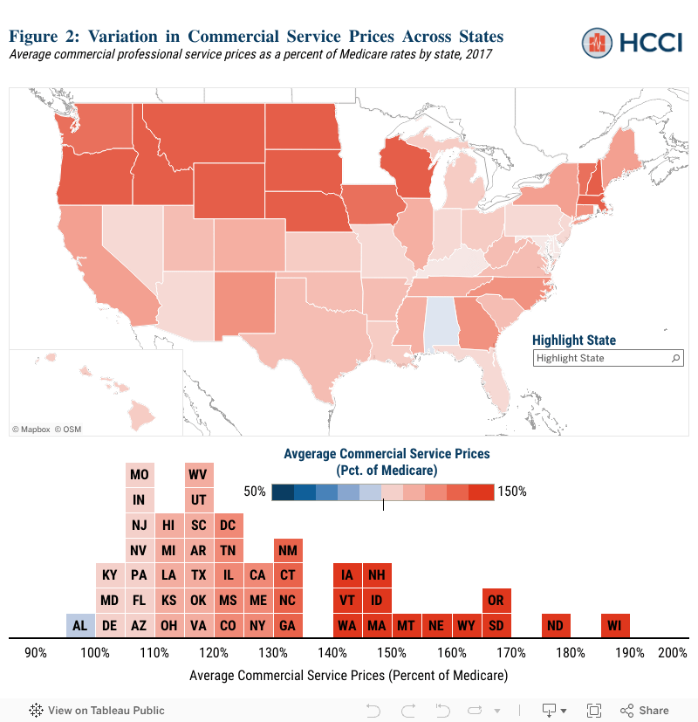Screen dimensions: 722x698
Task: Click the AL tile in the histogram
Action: [80, 625]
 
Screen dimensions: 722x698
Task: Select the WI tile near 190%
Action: [615, 625]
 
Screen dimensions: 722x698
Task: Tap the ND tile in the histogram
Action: [555, 625]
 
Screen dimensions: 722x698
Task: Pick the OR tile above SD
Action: [496, 601]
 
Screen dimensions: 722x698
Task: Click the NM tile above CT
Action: [288, 550]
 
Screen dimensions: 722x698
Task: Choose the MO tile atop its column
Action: [139, 475]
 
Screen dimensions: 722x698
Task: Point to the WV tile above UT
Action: [198, 475]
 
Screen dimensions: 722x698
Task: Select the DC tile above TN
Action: [228, 525]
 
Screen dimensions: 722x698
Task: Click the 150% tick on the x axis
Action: [392, 652]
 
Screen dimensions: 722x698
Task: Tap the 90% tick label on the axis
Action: [36, 652]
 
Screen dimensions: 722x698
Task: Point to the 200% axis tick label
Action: [673, 652]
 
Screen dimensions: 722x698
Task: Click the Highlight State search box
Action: [602, 358]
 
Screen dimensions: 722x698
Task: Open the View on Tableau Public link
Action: [97, 710]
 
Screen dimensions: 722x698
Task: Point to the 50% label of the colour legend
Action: [254, 492]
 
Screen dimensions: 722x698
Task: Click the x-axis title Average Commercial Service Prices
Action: [348, 675]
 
